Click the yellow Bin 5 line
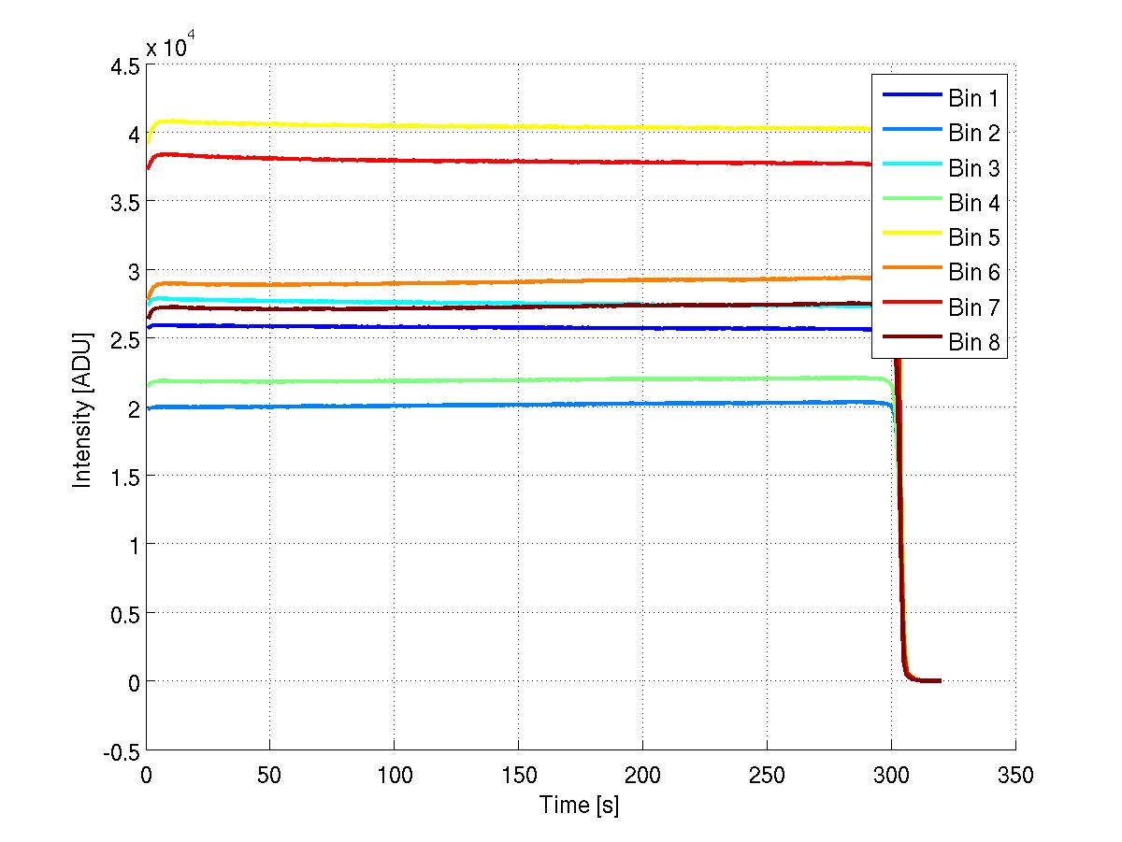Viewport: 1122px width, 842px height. tap(467, 126)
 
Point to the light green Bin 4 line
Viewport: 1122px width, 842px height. tap(467, 379)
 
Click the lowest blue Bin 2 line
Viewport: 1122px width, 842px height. tap(467, 405)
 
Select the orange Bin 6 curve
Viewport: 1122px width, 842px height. tap(467, 281)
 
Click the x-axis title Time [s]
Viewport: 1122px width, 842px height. tap(579, 805)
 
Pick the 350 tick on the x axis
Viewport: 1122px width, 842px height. tap(1014, 774)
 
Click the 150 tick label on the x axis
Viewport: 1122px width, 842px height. tap(518, 774)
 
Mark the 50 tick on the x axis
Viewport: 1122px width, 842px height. tap(270, 774)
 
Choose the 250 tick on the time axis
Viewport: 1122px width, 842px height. tap(767, 774)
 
